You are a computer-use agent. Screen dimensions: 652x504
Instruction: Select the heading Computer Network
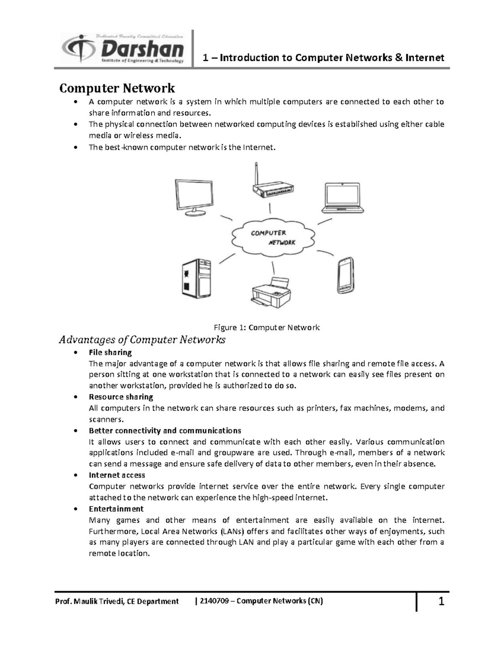117,88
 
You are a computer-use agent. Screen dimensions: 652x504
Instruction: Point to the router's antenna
256,173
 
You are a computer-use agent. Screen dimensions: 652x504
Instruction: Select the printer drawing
272,291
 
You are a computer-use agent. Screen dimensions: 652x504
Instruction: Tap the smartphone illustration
346,275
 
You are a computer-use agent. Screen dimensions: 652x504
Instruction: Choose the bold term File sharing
110,352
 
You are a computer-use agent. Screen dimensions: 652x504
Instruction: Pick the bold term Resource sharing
121,397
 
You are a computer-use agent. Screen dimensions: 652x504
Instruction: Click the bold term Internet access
117,475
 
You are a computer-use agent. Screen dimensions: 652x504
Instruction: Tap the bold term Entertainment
116,509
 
